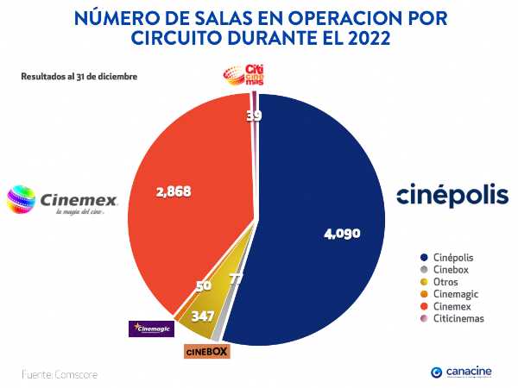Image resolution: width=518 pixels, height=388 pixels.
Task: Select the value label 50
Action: pyautogui.click(x=204, y=285)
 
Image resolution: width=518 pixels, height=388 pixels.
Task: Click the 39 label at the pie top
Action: pyautogui.click(x=255, y=116)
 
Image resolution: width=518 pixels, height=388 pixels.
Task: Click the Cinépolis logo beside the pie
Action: pyautogui.click(x=452, y=196)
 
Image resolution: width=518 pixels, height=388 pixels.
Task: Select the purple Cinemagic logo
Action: pyautogui.click(x=151, y=329)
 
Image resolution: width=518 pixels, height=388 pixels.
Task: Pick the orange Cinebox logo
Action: pyautogui.click(x=207, y=351)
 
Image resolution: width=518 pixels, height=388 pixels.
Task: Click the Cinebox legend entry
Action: pyautogui.click(x=446, y=270)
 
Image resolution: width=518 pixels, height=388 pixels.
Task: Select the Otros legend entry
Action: pyautogui.click(x=441, y=282)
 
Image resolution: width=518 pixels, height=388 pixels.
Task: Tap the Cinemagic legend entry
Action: pyautogui.click(x=451, y=294)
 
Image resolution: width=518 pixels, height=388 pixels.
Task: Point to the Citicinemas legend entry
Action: pyautogui.click(x=452, y=318)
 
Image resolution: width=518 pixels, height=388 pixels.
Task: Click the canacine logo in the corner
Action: pyautogui.click(x=461, y=372)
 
